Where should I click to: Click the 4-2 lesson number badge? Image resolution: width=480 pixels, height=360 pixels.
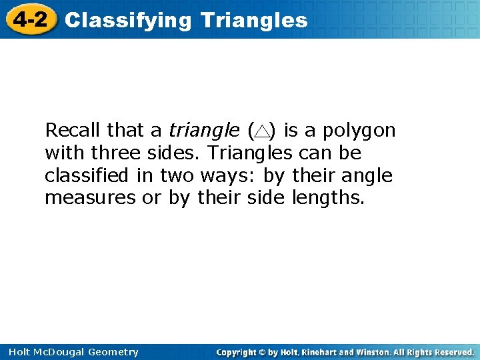(29, 19)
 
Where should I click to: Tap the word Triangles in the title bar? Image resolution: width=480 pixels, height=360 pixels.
(253, 21)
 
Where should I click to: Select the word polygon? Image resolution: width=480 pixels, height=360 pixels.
(361, 131)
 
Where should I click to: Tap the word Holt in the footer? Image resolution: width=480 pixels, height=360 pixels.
(16, 352)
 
